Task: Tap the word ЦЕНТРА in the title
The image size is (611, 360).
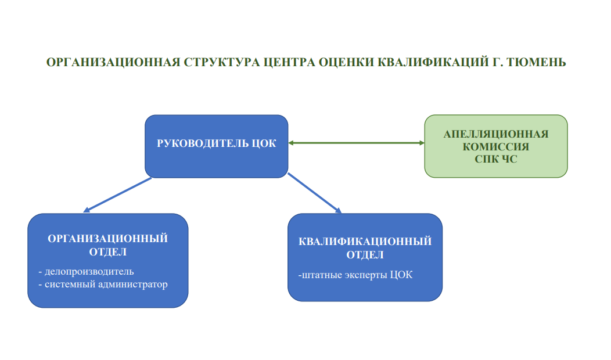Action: (289, 62)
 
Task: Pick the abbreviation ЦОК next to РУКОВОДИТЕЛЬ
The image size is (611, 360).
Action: (264, 143)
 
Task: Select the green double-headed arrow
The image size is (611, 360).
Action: (356, 143)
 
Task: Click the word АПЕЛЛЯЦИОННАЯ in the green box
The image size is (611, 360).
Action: (496, 134)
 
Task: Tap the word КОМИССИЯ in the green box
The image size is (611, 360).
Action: (496, 147)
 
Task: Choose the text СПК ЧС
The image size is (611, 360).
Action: (496, 159)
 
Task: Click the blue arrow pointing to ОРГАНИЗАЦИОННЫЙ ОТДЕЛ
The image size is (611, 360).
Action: (117, 195)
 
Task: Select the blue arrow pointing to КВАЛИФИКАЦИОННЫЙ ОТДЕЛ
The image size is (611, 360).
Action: (314, 193)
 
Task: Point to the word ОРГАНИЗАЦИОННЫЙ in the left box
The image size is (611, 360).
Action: (107, 239)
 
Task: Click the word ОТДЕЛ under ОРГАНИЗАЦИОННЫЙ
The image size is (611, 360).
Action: (107, 252)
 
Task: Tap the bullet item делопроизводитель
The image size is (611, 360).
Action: (86, 272)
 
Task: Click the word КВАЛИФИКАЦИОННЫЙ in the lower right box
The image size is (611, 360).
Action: (365, 242)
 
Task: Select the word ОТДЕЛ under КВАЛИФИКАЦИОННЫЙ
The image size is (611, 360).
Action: (365, 255)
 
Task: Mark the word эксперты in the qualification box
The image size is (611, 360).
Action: (366, 275)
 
